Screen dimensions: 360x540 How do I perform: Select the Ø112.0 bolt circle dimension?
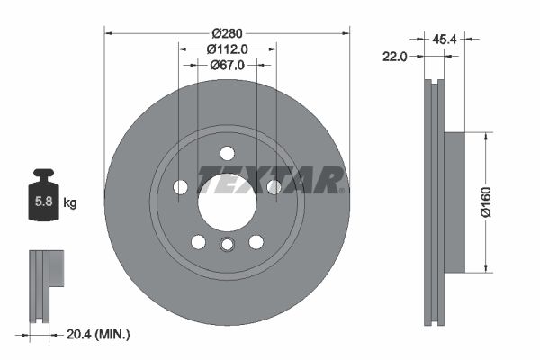click(x=227, y=49)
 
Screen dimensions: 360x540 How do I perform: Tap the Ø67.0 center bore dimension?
click(x=228, y=65)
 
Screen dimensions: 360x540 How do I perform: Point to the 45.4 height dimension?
click(x=443, y=39)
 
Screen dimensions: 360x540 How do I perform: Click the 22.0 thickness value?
click(x=395, y=56)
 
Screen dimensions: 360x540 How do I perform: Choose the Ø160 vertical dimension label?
click(x=486, y=202)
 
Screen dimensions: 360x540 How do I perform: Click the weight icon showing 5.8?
click(x=42, y=198)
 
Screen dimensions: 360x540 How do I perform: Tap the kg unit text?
click(x=70, y=203)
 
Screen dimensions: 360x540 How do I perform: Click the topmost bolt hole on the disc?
click(x=227, y=152)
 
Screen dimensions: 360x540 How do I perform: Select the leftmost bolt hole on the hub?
click(x=180, y=186)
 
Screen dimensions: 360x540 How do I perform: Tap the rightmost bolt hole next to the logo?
click(x=274, y=186)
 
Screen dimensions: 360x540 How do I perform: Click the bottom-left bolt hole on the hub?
click(x=198, y=241)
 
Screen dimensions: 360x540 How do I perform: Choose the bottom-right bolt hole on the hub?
click(x=256, y=241)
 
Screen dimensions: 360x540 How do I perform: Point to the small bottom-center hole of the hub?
click(x=227, y=246)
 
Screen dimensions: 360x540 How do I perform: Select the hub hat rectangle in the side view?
click(x=454, y=202)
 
